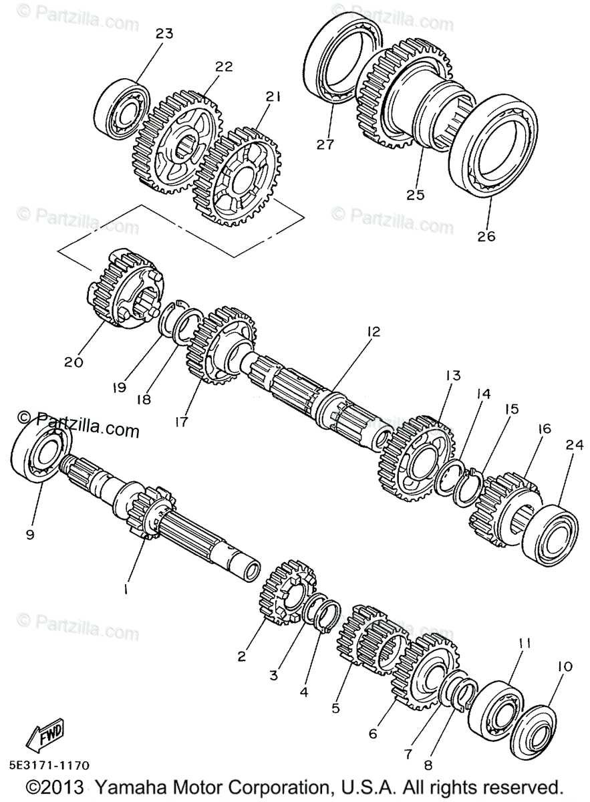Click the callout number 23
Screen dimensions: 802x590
tap(164, 33)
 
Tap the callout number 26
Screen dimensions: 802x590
tap(487, 236)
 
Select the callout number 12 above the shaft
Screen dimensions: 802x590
tap(373, 331)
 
